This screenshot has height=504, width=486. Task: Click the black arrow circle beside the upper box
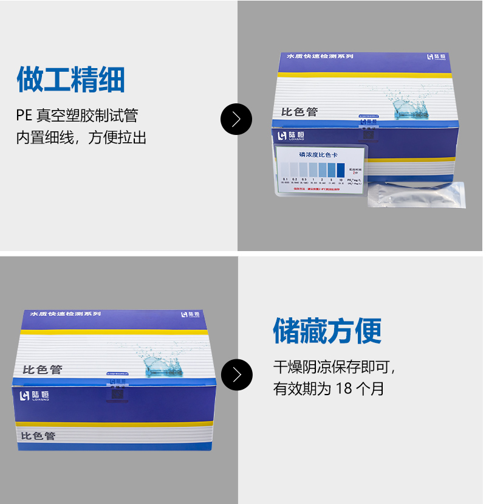click(236, 119)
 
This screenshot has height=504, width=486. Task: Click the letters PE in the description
click(24, 115)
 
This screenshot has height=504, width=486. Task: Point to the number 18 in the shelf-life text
click(344, 388)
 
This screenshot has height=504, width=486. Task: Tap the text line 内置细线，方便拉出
click(81, 137)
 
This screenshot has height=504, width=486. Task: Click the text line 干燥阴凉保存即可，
click(335, 367)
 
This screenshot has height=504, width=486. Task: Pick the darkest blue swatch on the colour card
click(340, 170)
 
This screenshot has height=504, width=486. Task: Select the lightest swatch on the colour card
click(285, 170)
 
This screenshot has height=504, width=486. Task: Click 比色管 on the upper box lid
click(299, 112)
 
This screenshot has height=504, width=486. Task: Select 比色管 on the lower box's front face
click(38, 436)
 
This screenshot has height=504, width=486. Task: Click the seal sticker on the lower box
click(115, 390)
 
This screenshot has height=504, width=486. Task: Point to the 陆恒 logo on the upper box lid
click(436, 57)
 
